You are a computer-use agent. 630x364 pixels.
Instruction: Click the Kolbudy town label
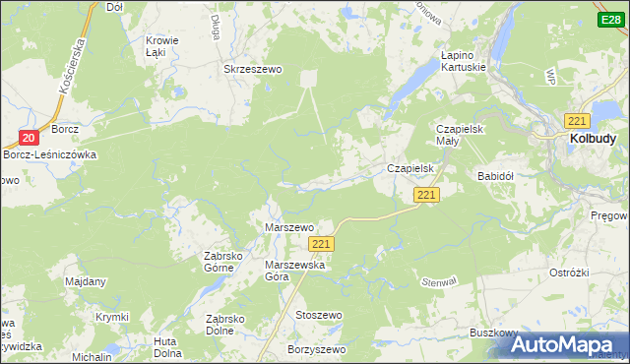click(593, 140)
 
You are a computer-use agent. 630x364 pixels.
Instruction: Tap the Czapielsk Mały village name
click(463, 135)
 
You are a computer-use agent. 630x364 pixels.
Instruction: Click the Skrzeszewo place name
click(254, 70)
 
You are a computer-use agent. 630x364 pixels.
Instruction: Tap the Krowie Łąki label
click(161, 47)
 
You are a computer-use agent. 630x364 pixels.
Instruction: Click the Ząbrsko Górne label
click(223, 262)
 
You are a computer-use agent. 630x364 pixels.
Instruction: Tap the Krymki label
click(112, 317)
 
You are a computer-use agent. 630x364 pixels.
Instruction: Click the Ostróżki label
click(569, 272)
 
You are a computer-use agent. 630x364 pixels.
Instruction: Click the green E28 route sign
click(609, 20)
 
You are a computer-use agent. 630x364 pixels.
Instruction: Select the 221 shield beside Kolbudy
click(577, 120)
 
